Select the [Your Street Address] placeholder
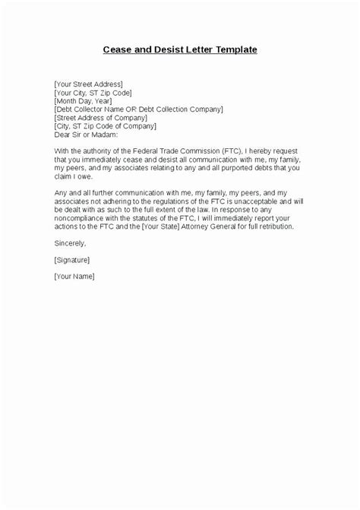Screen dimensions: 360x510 (89, 84)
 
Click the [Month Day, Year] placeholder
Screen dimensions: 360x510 (84, 100)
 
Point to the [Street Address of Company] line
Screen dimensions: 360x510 (99, 117)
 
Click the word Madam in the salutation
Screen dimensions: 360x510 (115, 134)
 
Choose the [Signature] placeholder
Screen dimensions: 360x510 (74, 259)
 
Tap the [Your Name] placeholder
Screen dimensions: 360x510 (74, 276)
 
